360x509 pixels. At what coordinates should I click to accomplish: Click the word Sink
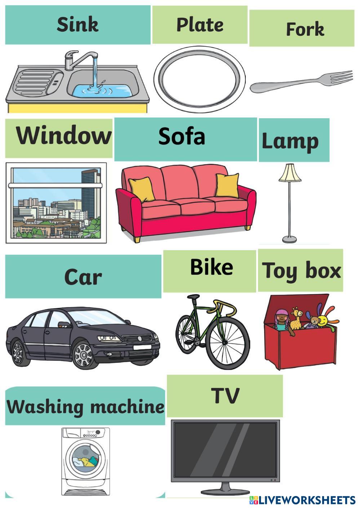click(77, 25)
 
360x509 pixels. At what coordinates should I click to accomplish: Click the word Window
click(63, 136)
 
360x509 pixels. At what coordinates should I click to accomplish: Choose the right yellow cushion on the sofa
click(227, 185)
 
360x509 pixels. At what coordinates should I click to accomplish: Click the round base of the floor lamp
click(289, 238)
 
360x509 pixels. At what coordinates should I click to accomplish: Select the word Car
click(83, 277)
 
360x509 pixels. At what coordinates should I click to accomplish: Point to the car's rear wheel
click(18, 352)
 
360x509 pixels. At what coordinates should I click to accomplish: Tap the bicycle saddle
click(193, 297)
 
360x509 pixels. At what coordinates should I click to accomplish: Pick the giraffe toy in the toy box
click(296, 318)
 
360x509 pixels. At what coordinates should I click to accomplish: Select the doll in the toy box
click(281, 320)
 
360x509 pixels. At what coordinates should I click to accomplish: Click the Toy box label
click(301, 270)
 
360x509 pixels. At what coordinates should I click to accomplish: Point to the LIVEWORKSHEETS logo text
click(307, 500)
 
